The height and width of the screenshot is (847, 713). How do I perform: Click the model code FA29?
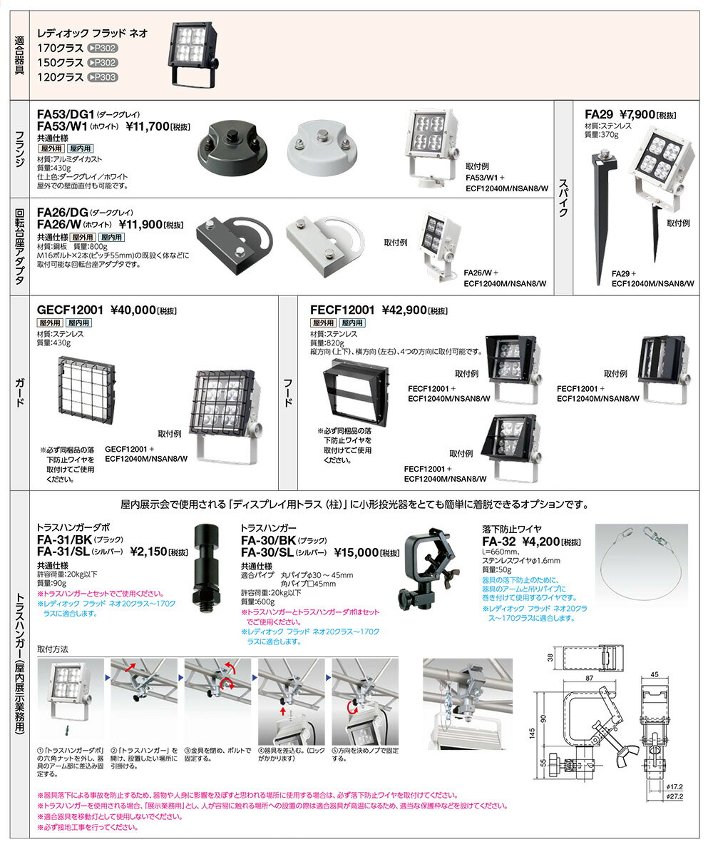pos(599,114)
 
